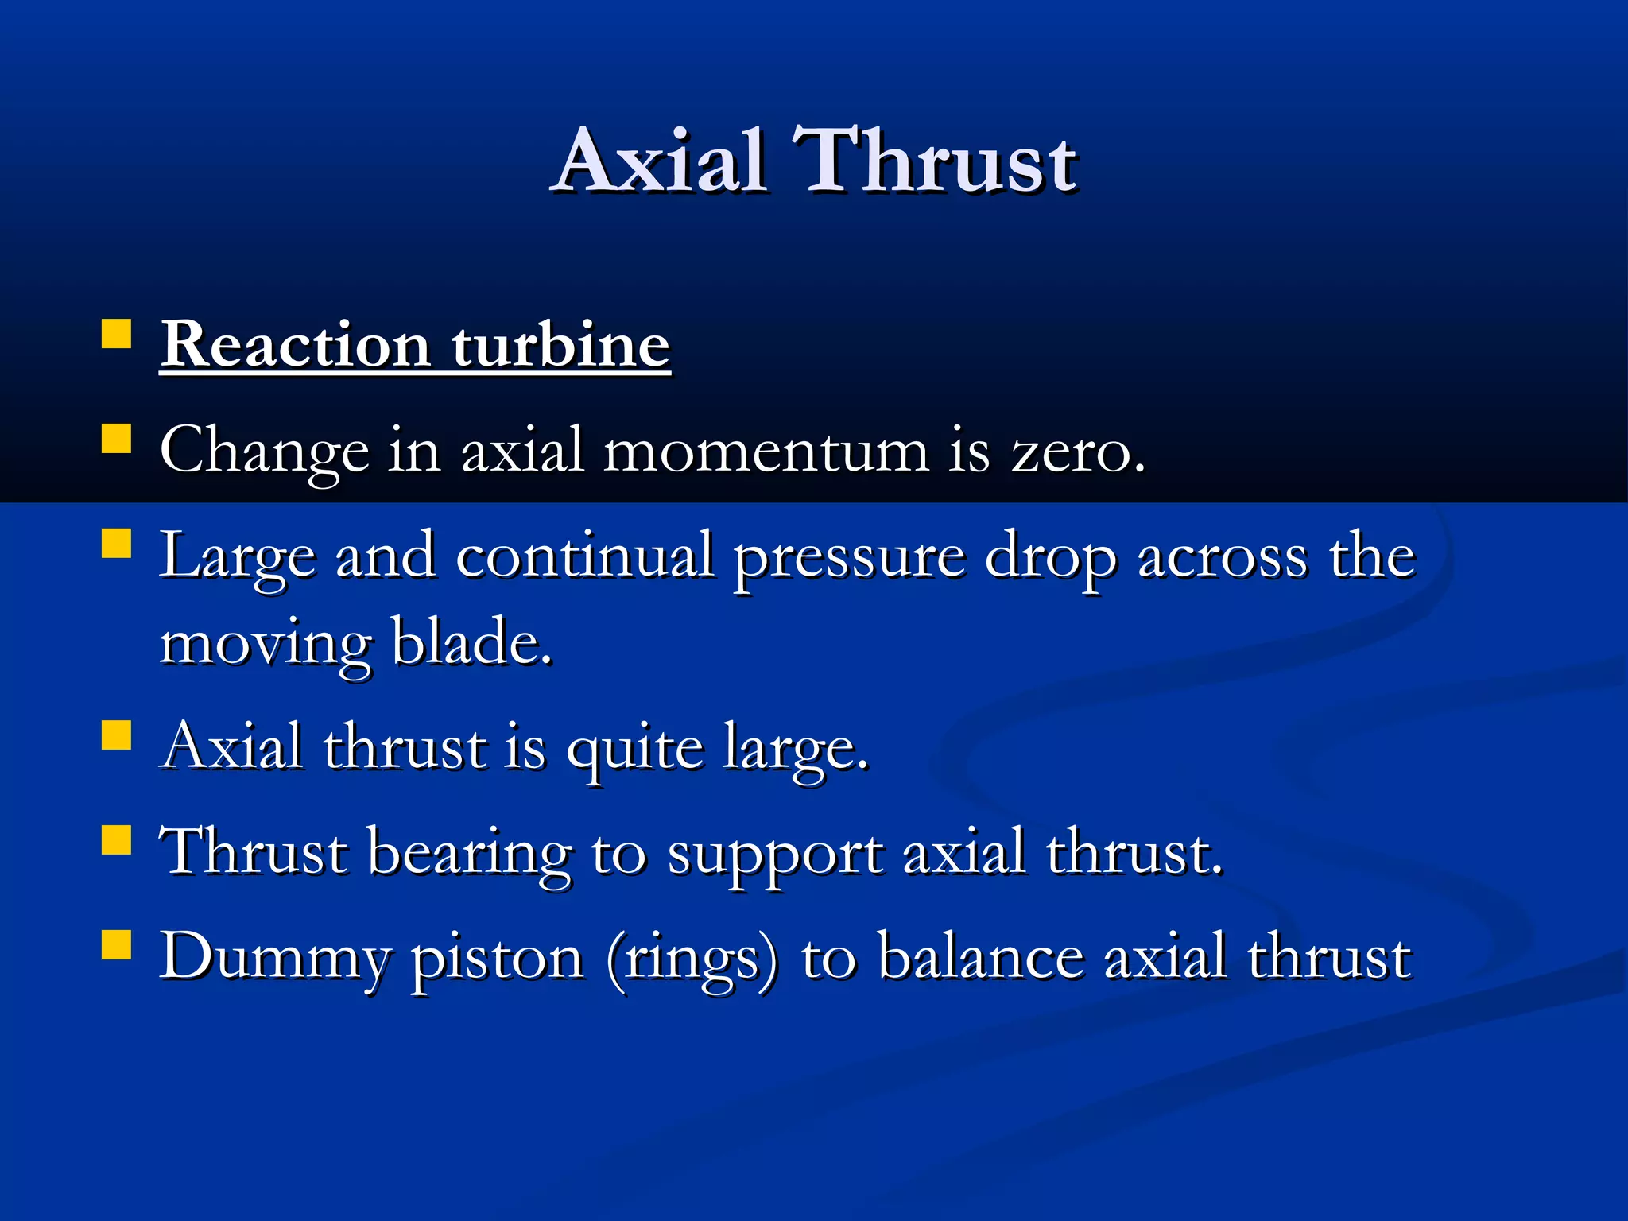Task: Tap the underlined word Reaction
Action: (295, 345)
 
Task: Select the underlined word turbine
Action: (561, 345)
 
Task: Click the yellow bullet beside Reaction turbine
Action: (116, 334)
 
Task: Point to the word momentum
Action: (766, 451)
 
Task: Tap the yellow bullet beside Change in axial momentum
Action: (116, 438)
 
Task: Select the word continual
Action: (584, 556)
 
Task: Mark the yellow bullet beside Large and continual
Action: (116, 544)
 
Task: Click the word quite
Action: (634, 750)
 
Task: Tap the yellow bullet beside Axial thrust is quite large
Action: (116, 735)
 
